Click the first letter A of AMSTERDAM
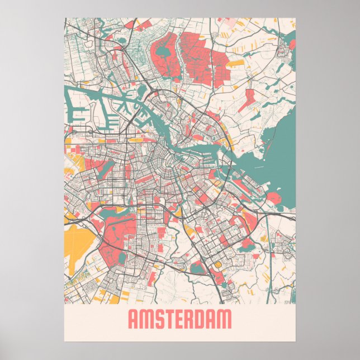pos(134,320)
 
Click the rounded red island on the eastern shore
pos(274,198)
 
